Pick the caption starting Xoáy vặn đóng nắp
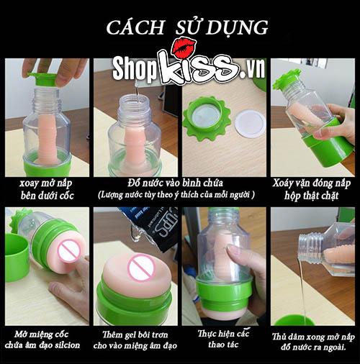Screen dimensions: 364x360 (313, 191)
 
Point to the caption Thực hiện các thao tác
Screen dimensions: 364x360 (222, 338)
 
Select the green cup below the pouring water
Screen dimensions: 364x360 (295, 319)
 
